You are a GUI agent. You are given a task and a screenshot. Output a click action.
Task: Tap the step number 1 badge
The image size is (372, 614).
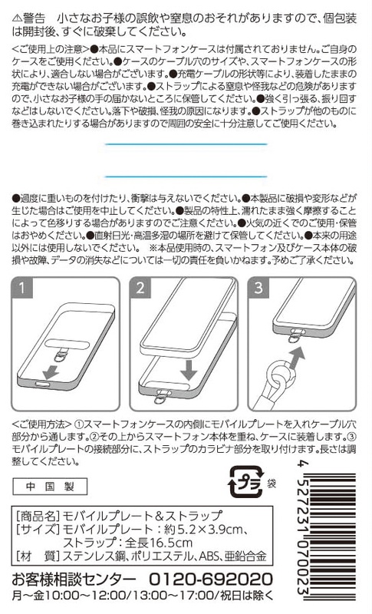click(x=22, y=288)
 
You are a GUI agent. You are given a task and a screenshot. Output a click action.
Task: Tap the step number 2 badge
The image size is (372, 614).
click(x=140, y=288)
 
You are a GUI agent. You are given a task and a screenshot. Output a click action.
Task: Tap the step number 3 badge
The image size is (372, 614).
click(x=258, y=288)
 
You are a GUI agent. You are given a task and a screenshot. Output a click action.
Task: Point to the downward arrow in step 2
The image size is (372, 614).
click(x=189, y=369)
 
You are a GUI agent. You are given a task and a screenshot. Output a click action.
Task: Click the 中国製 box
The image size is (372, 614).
click(x=50, y=487)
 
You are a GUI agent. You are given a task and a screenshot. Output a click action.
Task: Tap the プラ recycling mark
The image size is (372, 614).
click(x=245, y=482)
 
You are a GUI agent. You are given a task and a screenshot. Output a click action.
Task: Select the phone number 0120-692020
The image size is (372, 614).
click(x=211, y=579)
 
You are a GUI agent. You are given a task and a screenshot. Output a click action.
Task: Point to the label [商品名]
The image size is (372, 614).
click(x=37, y=516)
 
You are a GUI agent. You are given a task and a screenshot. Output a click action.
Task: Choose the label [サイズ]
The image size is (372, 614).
click(x=37, y=530)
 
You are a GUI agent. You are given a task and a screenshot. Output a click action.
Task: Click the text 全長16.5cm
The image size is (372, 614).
click(x=159, y=543)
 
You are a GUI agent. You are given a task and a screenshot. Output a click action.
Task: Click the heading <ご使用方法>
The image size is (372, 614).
click(x=41, y=424)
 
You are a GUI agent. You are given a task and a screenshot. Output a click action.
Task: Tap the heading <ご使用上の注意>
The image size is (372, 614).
click(x=51, y=49)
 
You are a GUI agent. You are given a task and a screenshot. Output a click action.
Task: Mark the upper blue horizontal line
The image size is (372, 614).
click(x=186, y=144)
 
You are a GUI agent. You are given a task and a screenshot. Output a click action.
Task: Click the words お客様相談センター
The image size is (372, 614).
click(x=74, y=579)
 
